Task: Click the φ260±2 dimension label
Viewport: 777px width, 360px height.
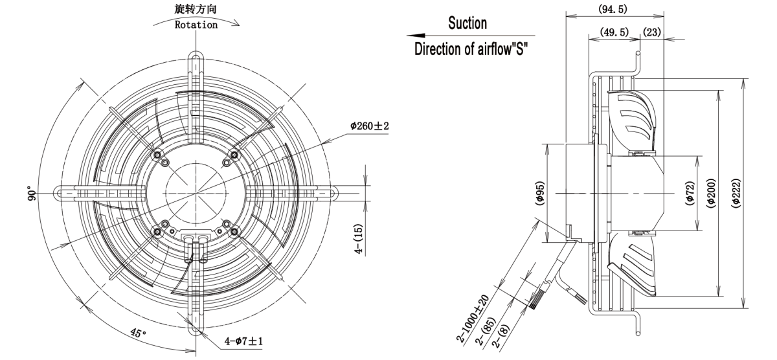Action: click(369, 125)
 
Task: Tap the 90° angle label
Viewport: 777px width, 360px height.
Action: click(30, 195)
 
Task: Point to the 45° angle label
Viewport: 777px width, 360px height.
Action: click(135, 333)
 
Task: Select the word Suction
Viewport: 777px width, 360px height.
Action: click(467, 23)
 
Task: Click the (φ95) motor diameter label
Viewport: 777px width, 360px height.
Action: click(541, 193)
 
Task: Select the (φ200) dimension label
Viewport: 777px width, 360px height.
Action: click(712, 194)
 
